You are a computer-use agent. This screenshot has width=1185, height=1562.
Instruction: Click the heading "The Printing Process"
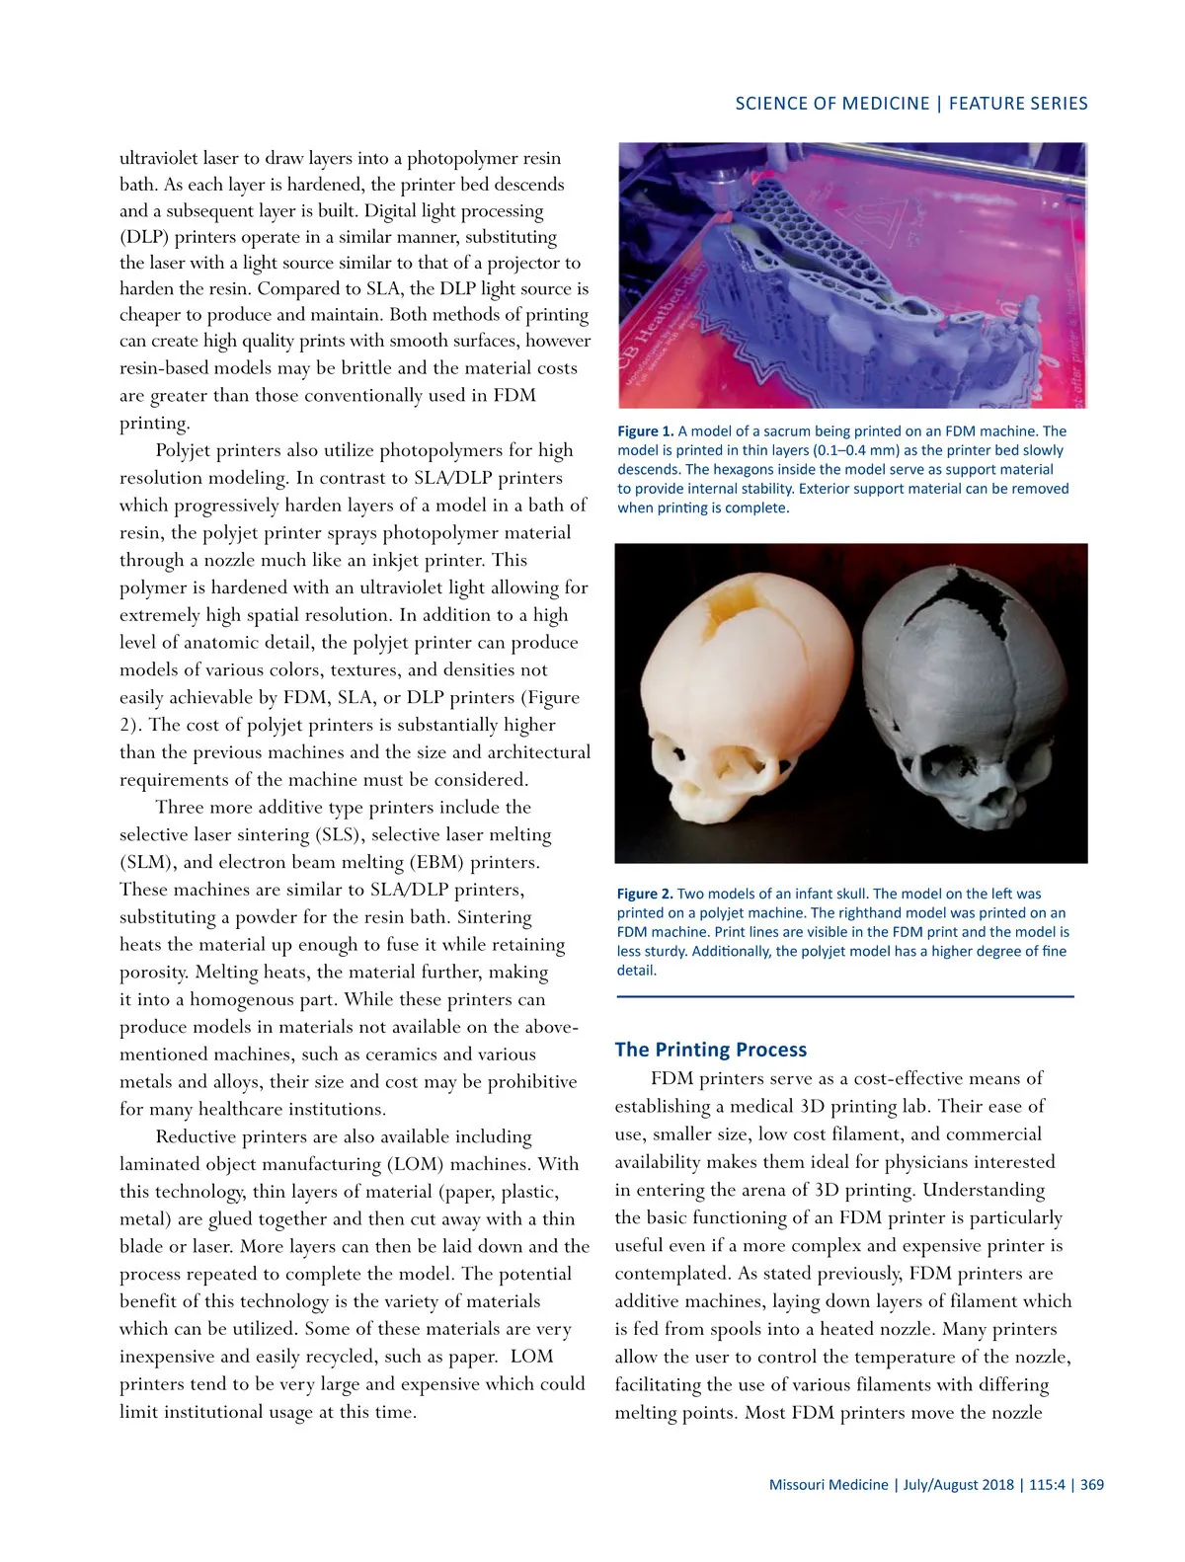(710, 1050)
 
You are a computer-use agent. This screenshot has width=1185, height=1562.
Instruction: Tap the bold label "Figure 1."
(645, 431)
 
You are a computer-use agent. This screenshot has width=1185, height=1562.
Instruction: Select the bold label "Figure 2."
(644, 894)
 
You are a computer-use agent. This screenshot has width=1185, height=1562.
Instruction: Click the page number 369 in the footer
(1092, 1484)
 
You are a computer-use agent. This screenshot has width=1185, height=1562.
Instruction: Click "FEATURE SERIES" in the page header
(1018, 104)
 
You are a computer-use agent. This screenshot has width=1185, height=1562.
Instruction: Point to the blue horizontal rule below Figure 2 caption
(844, 997)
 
